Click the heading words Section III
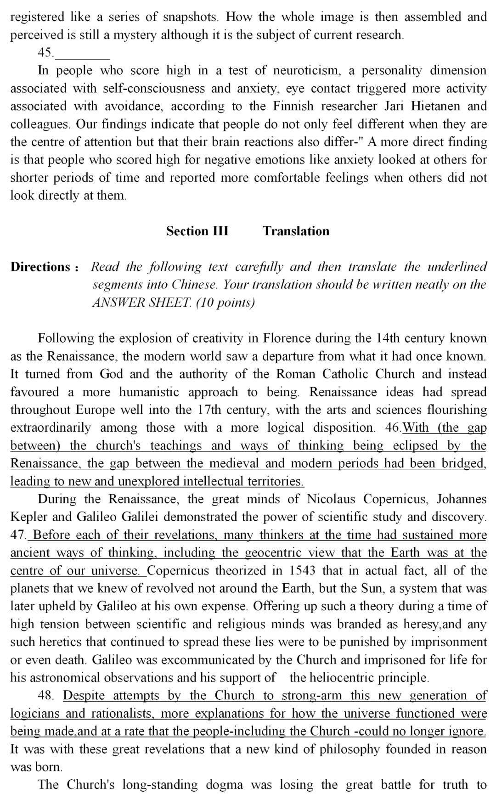pyautogui.click(x=197, y=231)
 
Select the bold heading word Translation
pyautogui.click(x=296, y=231)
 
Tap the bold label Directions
pyautogui.click(x=40, y=267)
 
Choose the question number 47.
pyautogui.click(x=18, y=535)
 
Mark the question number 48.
pyautogui.click(x=46, y=695)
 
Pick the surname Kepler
pyautogui.click(x=29, y=517)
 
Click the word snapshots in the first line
pyautogui.click(x=191, y=17)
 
